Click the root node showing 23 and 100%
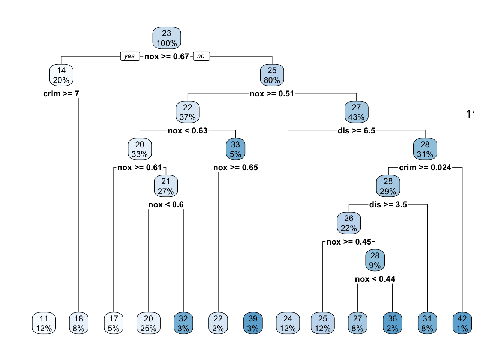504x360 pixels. [166, 38]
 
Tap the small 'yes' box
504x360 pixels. [130, 56]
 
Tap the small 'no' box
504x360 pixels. [201, 56]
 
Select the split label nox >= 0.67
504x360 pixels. [166, 57]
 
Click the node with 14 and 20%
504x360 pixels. [61, 75]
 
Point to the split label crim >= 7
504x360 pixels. [61, 94]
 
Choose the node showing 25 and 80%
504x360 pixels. [272, 75]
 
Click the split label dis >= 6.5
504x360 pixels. [356, 131]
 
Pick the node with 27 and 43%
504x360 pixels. [356, 112]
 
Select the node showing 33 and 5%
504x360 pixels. [235, 149]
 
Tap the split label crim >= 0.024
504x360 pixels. [425, 168]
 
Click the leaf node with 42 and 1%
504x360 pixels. [462, 323]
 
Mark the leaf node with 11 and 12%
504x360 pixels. [44, 323]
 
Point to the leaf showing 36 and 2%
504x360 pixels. [392, 323]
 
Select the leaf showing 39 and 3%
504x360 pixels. [253, 323]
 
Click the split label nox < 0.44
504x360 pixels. [375, 279]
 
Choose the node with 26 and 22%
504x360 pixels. [349, 223]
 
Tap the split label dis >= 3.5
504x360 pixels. [388, 205]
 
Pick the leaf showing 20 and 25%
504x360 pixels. [148, 323]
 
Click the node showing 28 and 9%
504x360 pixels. [375, 260]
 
